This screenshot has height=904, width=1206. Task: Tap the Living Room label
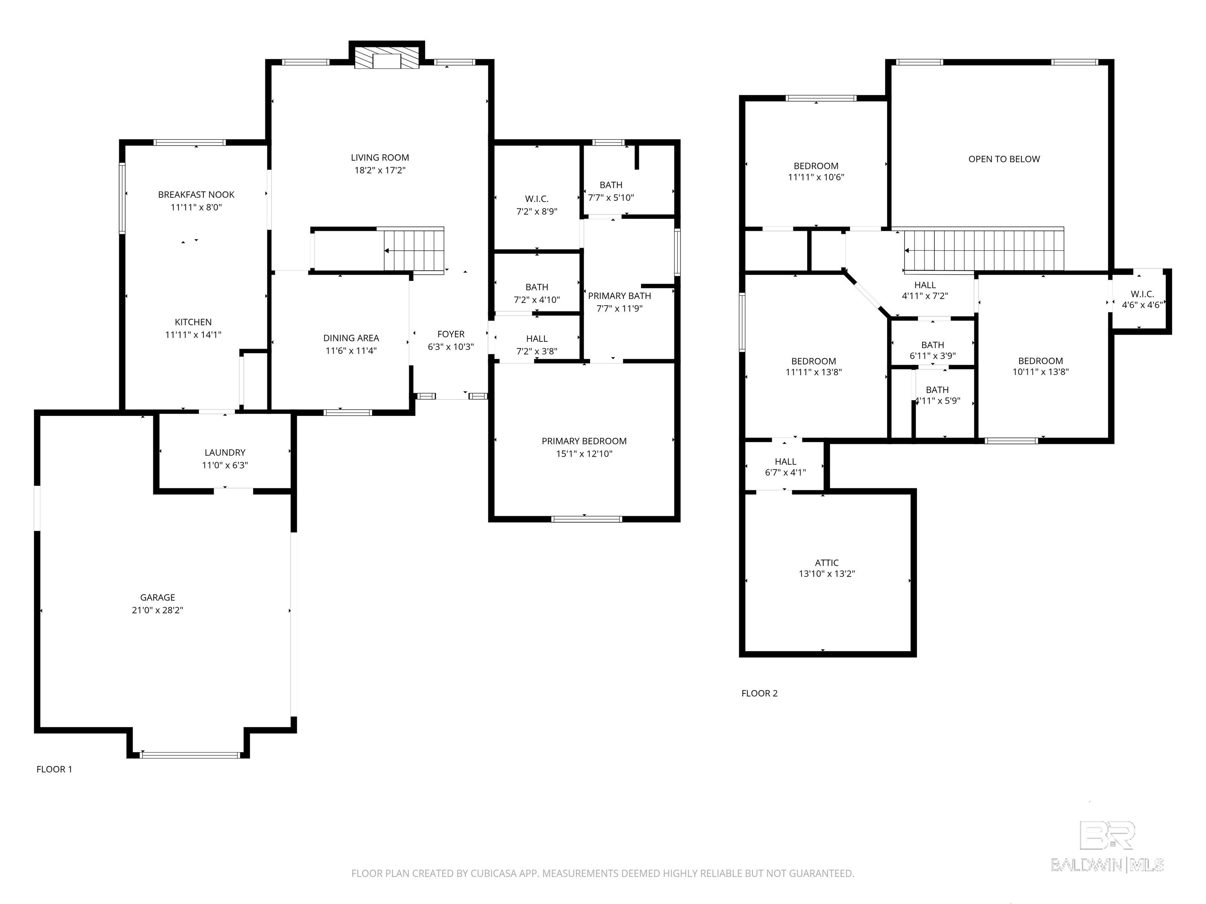pyautogui.click(x=380, y=157)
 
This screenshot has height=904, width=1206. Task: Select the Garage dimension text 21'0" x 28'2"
pyautogui.click(x=157, y=610)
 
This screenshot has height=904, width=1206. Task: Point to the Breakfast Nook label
pyautogui.click(x=196, y=195)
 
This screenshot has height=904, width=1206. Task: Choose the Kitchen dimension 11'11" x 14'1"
pyautogui.click(x=194, y=335)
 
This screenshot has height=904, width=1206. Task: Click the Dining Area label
pyautogui.click(x=351, y=338)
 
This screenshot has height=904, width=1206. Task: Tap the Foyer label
pyautogui.click(x=451, y=334)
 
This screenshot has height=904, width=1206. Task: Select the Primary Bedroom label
pyautogui.click(x=584, y=441)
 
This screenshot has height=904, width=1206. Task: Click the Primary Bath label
pyautogui.click(x=619, y=296)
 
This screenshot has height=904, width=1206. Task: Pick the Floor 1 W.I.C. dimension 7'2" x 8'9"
pyautogui.click(x=537, y=211)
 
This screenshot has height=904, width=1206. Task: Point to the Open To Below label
pyautogui.click(x=1004, y=159)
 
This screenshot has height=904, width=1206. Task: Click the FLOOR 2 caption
pyautogui.click(x=760, y=693)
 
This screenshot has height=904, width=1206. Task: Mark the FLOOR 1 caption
pyautogui.click(x=54, y=769)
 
